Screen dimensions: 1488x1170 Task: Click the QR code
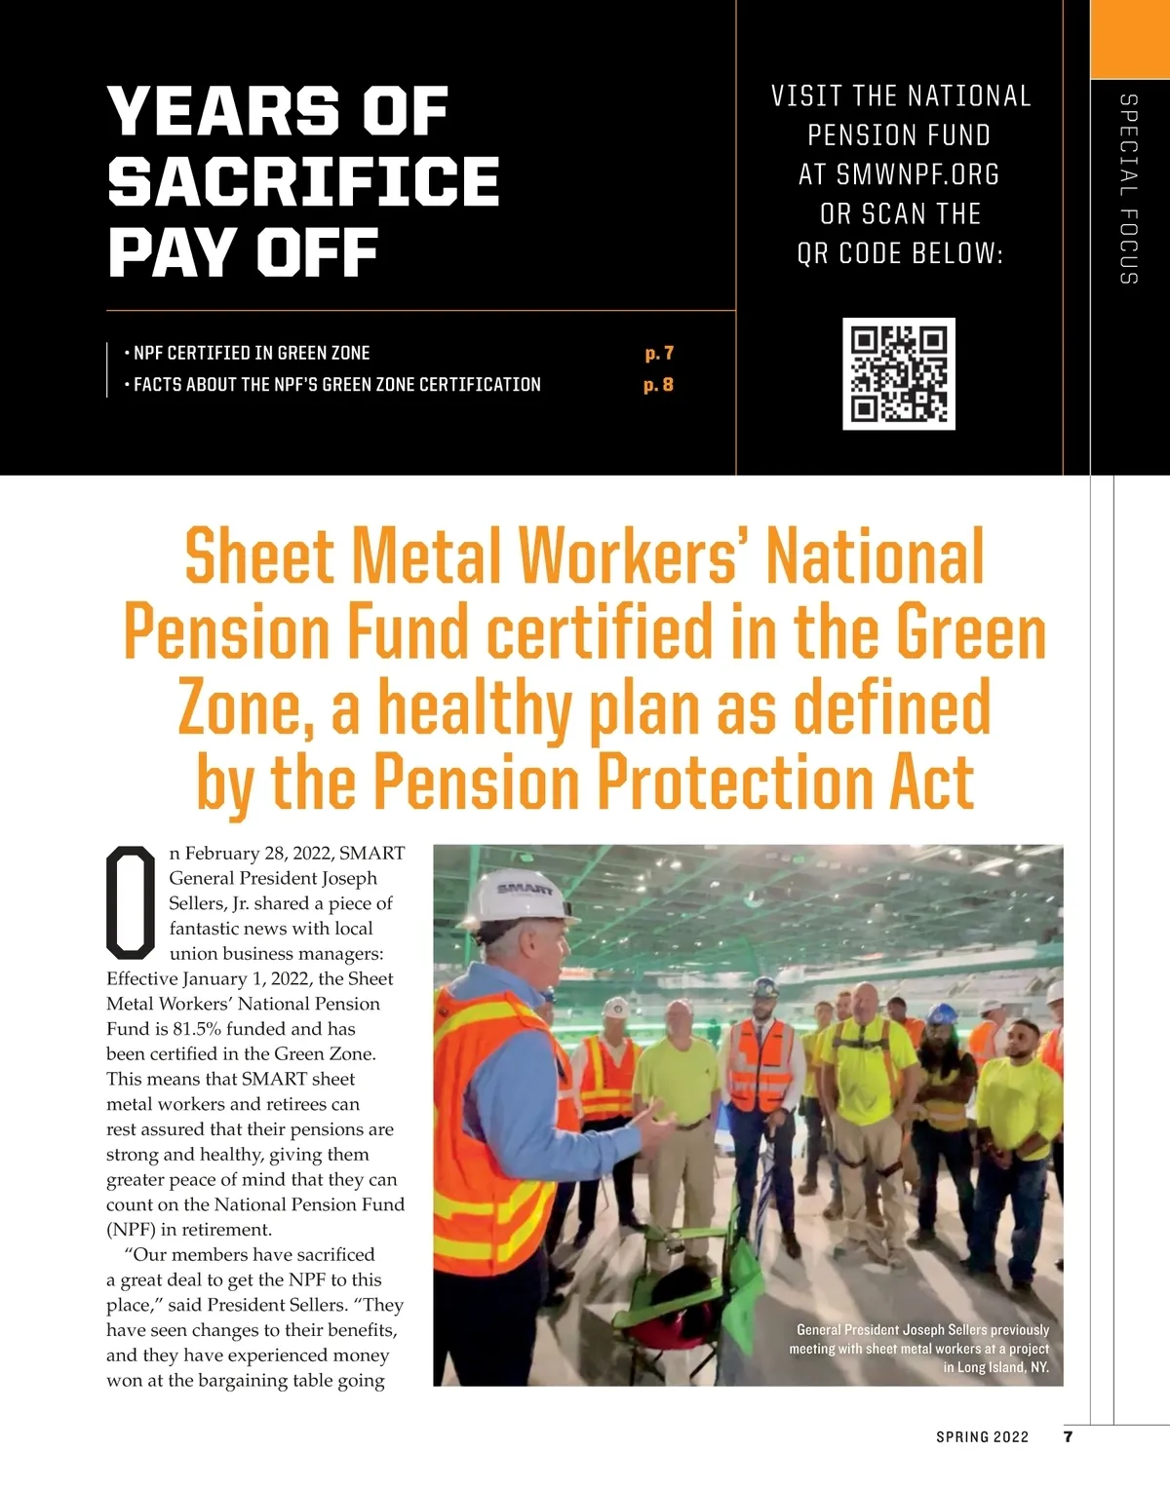898,373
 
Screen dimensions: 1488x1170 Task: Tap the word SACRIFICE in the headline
303,181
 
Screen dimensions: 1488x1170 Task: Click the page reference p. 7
659,353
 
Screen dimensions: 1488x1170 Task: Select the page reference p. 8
659,385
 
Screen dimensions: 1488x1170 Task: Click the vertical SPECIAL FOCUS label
1128,189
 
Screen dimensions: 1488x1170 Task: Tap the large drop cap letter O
131,902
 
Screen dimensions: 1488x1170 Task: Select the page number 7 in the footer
1069,1436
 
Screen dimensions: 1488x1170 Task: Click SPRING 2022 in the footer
982,1437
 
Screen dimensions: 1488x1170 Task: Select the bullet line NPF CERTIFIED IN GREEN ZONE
252,353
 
